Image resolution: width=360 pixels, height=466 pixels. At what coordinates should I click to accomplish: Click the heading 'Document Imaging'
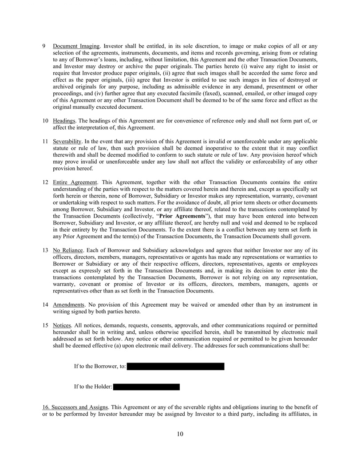point(76,47)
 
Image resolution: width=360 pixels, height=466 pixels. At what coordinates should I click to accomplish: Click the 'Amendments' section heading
point(69,304)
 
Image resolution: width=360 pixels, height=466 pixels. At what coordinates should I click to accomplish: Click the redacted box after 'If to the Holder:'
point(146,387)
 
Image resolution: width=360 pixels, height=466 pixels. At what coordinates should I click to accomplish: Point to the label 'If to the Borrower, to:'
point(100,367)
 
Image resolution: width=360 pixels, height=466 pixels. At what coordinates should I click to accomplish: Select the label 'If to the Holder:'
point(93,387)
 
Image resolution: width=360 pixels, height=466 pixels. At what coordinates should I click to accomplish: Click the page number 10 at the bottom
point(180,434)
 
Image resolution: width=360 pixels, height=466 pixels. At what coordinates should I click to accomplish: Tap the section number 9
point(44,47)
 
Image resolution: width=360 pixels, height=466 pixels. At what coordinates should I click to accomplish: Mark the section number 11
point(45,141)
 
